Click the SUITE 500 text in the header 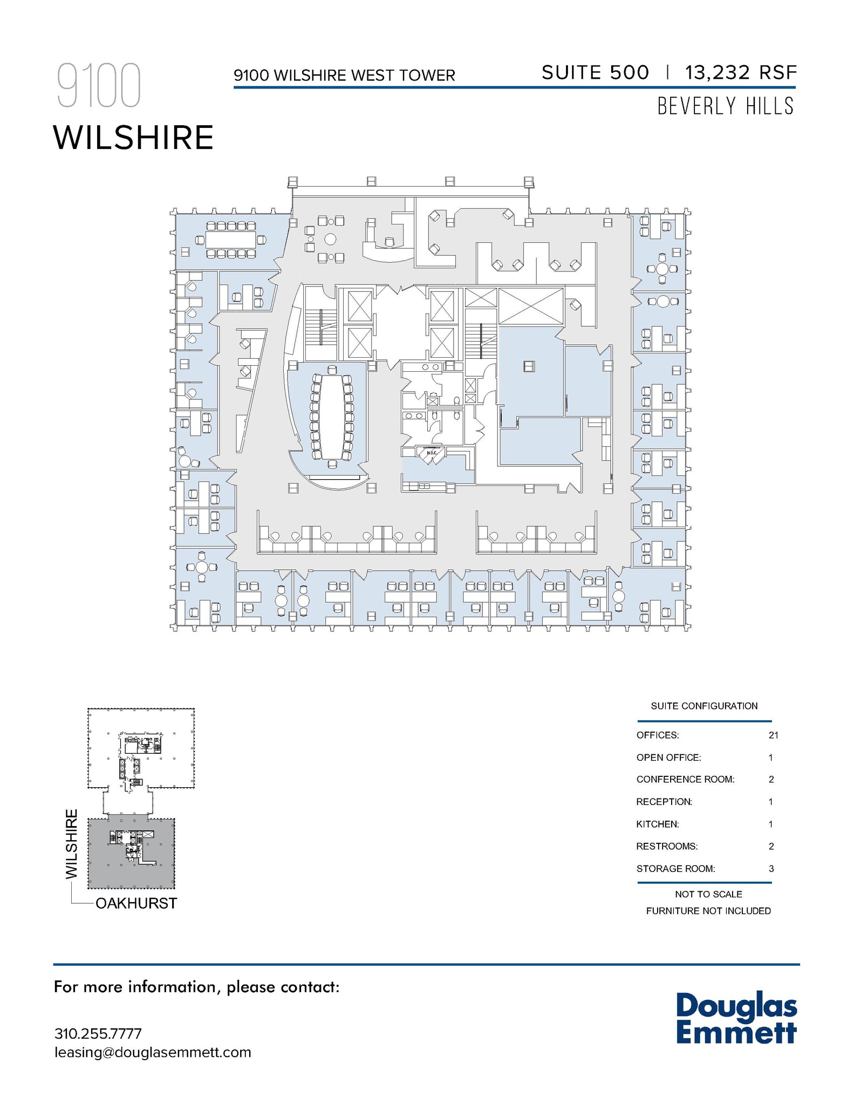point(595,73)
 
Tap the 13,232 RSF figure point(740,73)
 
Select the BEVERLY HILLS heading point(725,106)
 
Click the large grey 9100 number point(99,86)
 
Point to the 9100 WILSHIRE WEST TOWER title point(344,76)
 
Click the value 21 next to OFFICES point(773,735)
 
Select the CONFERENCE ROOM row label point(685,779)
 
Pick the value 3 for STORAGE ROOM point(771,869)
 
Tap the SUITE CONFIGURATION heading point(704,706)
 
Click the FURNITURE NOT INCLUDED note point(708,911)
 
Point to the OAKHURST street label point(136,904)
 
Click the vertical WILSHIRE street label point(72,844)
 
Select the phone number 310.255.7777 point(98,1034)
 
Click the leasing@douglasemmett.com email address point(153,1052)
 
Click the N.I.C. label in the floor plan point(432,453)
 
